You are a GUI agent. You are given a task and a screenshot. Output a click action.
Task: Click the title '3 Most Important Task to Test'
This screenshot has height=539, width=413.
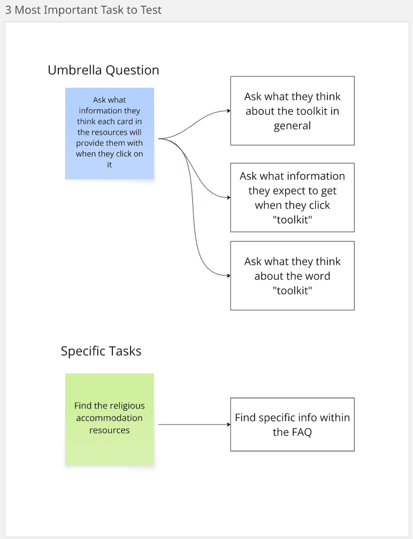tap(83, 10)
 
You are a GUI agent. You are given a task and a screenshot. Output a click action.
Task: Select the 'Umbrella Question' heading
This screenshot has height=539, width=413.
tap(103, 70)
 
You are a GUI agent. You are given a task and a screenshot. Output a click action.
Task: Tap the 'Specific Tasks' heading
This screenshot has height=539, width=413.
tap(101, 351)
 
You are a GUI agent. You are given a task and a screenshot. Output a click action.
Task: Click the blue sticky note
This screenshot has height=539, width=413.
tap(110, 133)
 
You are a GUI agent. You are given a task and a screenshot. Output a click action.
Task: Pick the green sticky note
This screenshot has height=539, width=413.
tap(110, 419)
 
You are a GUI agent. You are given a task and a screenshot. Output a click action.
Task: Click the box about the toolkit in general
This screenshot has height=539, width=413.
tap(292, 111)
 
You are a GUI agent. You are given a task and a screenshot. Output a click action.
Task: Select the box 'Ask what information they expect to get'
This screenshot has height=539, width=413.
tap(292, 197)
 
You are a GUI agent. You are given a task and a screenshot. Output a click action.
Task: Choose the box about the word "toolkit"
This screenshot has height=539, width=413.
tap(292, 275)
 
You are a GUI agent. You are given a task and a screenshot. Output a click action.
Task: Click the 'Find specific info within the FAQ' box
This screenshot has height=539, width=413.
tap(292, 425)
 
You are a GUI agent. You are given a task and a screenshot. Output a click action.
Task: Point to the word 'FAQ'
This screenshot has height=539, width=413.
tap(301, 432)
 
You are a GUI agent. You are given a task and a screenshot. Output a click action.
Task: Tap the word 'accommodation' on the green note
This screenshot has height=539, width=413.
tap(109, 418)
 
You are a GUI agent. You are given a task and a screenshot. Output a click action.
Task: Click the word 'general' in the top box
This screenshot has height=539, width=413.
tap(292, 126)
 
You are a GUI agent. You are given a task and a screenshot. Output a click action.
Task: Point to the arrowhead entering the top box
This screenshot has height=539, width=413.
tap(228, 111)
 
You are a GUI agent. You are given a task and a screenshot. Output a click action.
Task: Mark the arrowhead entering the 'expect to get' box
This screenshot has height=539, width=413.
tap(228, 197)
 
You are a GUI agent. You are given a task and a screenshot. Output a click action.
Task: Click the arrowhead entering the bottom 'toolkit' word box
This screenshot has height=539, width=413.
tap(228, 275)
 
